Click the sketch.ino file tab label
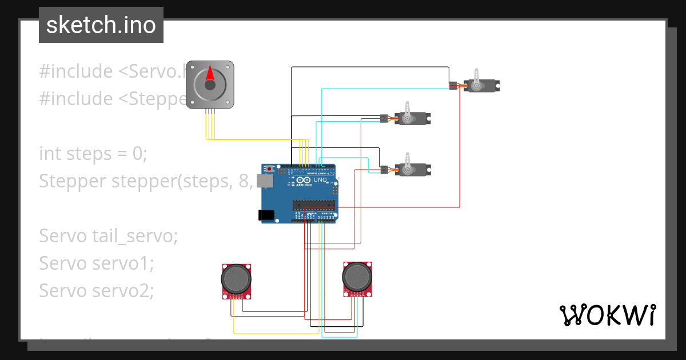coord(101,25)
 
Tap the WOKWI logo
coord(607,315)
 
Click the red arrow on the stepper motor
coord(210,73)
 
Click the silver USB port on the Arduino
coord(265,181)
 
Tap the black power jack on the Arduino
coord(266,215)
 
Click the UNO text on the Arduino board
coord(320,179)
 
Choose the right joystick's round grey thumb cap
coord(357,277)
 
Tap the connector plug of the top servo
coord(453,86)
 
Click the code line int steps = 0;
coord(93,153)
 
